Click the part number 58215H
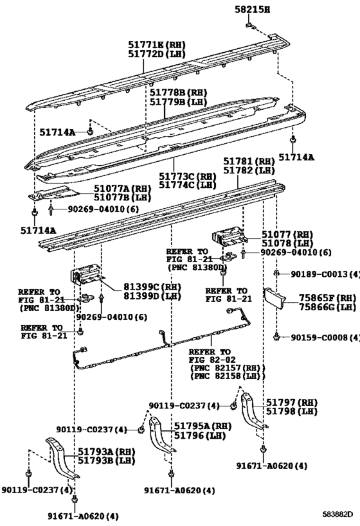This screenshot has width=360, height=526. pyautogui.click(x=252, y=10)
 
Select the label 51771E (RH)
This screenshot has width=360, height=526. pyautogui.click(x=157, y=44)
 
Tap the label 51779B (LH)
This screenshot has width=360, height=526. pyautogui.click(x=178, y=102)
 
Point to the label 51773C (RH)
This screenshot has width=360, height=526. pyautogui.click(x=187, y=176)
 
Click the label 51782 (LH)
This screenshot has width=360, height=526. pyautogui.click(x=249, y=170)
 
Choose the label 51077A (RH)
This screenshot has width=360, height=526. pyautogui.click(x=122, y=188)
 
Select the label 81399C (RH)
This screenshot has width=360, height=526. pyautogui.click(x=152, y=287)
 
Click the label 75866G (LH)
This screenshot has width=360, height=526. pyautogui.click(x=327, y=307)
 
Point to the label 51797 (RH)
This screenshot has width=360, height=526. pyautogui.click(x=292, y=402)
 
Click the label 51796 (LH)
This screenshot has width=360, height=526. pyautogui.click(x=199, y=435)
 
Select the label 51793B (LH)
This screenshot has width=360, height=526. pyautogui.click(x=107, y=460)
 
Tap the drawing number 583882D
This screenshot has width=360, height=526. pyautogui.click(x=338, y=514)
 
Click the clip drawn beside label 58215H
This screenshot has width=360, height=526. pyautogui.click(x=250, y=25)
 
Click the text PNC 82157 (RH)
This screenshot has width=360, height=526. pyautogui.click(x=228, y=367)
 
